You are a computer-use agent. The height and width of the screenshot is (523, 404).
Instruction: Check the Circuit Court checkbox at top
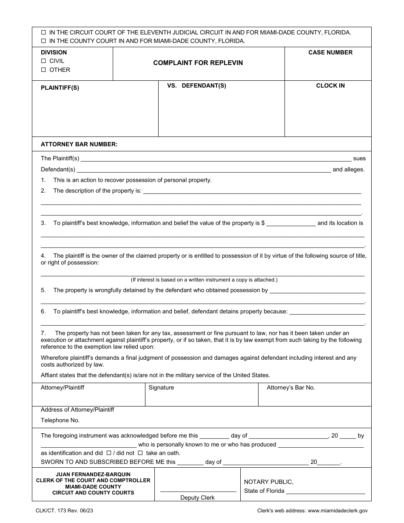[x=43, y=32]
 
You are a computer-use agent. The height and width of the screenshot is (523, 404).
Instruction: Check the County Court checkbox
[x=43, y=41]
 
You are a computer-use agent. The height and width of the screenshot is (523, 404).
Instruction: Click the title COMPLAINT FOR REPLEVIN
[x=198, y=63]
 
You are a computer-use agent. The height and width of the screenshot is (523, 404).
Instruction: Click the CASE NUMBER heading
[x=330, y=52]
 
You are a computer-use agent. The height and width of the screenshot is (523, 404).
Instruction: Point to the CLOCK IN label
[x=330, y=85]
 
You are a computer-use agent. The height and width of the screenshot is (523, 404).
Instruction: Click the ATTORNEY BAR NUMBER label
[x=79, y=144]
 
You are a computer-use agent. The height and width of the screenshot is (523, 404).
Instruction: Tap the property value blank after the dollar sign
[x=291, y=223]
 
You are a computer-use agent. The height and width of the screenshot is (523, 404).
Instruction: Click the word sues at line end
[x=359, y=159]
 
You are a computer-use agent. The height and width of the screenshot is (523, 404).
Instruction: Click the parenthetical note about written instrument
[x=204, y=280]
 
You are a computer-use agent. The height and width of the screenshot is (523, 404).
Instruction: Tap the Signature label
[x=161, y=388]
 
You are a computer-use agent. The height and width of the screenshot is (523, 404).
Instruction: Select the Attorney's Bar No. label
[x=291, y=388]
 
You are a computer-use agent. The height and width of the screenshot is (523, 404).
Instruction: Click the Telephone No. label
[x=60, y=420]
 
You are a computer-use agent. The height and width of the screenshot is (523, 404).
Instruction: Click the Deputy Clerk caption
[x=197, y=497]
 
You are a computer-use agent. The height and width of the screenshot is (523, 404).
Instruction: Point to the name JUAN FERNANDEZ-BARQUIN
[x=93, y=474]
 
